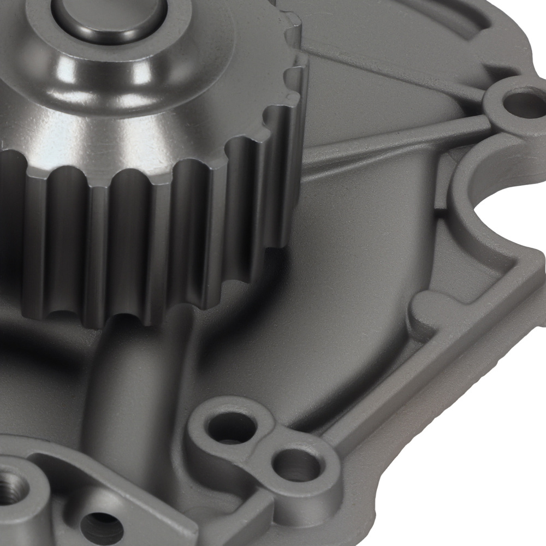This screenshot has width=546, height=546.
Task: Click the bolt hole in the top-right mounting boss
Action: coord(513,100)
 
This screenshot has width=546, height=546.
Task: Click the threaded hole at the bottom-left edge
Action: coord(13,488)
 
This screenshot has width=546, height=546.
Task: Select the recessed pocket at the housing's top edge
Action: coord(448,22)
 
